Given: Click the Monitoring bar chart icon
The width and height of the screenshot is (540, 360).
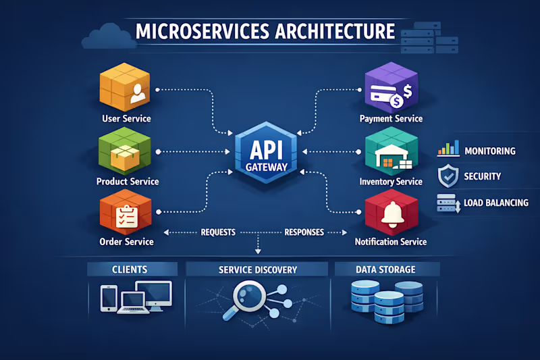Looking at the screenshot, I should click(x=448, y=149).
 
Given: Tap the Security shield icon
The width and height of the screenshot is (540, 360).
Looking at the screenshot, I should click(x=448, y=176).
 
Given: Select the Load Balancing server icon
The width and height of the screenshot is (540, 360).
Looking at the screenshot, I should click(x=448, y=203).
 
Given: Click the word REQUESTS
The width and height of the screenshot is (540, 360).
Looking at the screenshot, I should click(x=218, y=232).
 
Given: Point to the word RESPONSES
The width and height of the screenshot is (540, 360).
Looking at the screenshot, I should click(x=304, y=232).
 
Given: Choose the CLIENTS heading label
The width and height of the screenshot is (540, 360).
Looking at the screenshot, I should click(x=129, y=269).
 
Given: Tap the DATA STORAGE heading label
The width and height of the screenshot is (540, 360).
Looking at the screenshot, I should click(x=385, y=269).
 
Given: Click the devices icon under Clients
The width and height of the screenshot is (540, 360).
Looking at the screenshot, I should click(x=136, y=297).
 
